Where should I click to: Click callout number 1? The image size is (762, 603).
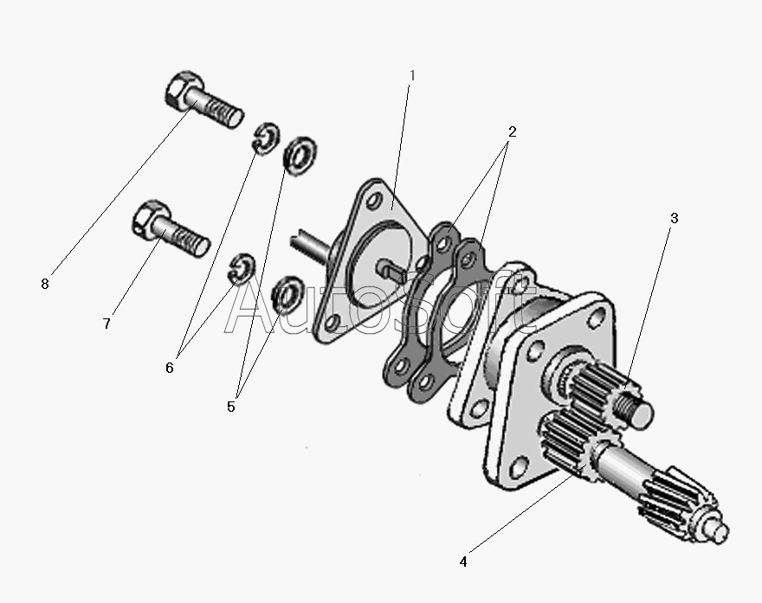coord(412,76)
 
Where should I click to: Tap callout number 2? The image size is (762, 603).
coord(512,132)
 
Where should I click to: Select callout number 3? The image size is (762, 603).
coord(674,218)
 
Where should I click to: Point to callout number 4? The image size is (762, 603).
coord(463,561)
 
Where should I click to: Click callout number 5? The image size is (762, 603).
coord(231,407)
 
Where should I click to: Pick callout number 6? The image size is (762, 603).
coord(169,368)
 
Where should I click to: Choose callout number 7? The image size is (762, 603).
coord(107,324)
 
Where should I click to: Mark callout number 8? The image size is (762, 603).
coord(45,284)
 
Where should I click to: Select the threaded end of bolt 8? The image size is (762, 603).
coord(224,113)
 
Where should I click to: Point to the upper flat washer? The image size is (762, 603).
coord(300,157)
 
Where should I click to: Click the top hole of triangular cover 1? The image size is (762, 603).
coord(374,201)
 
